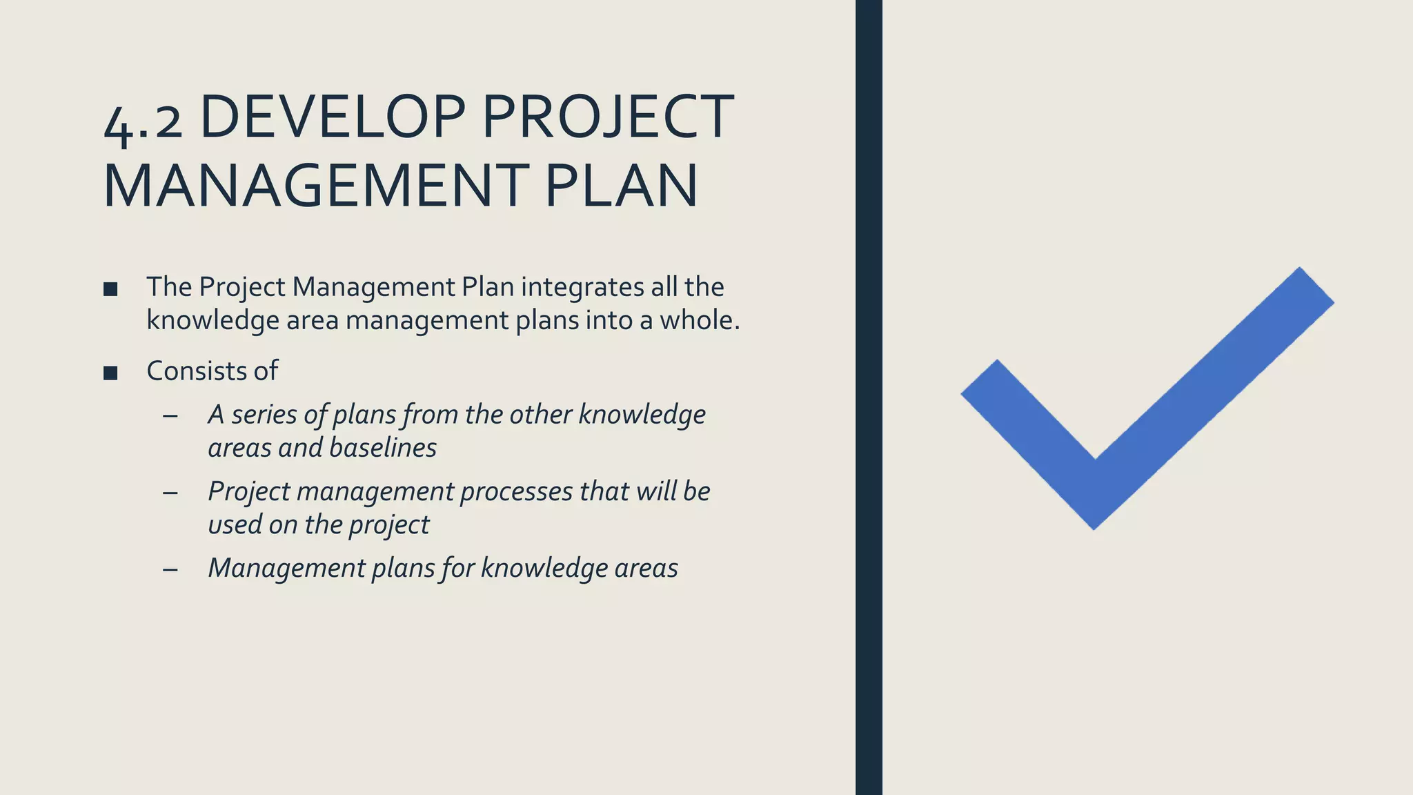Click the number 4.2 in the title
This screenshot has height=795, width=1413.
[x=143, y=121]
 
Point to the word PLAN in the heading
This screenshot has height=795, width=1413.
[x=621, y=186]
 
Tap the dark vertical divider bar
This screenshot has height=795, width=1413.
[x=869, y=397]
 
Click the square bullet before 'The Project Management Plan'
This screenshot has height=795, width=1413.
[x=110, y=289]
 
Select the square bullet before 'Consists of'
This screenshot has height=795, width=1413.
[x=110, y=373]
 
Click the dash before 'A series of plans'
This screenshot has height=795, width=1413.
[x=170, y=416]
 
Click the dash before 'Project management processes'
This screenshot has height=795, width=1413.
[x=170, y=493]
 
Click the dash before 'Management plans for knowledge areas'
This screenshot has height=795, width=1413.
[x=170, y=569]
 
